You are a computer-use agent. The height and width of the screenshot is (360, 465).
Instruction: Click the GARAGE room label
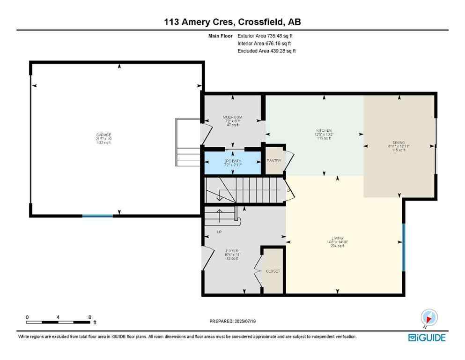coord(104,135)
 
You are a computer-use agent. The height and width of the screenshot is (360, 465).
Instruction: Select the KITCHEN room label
coord(323,130)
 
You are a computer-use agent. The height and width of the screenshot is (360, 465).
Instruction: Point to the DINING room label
coord(399,142)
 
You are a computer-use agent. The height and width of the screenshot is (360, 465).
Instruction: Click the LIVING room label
coord(337,238)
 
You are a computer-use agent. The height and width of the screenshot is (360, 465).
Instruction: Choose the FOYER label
coord(232,251)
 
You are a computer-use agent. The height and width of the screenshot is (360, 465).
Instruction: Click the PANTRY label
coord(274,161)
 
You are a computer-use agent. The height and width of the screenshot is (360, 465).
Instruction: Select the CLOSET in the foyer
coord(273,270)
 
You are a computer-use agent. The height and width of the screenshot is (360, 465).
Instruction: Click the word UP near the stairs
coord(219,232)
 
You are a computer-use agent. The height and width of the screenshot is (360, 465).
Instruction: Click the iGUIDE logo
coord(427,337)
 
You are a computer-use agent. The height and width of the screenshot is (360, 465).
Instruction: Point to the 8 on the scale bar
coord(89,317)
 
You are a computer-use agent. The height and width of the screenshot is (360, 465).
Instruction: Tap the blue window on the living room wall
coord(404,241)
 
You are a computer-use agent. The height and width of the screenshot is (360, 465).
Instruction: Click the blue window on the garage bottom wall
coord(97,216)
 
